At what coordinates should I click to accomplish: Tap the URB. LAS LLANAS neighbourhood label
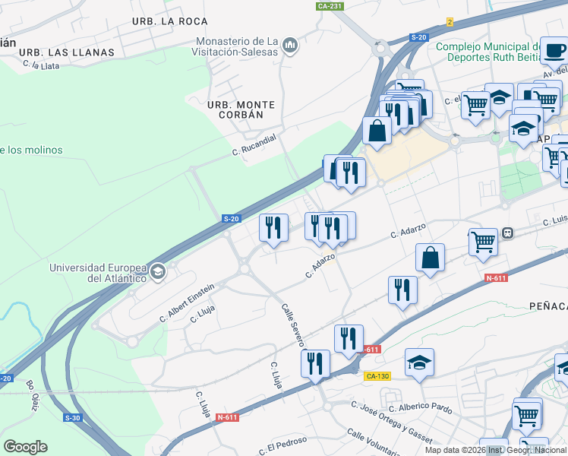pyautogui.click(x=66, y=52)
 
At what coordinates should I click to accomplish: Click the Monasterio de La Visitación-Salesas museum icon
pyautogui.click(x=289, y=47)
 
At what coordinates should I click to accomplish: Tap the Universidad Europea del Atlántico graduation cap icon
pyautogui.click(x=158, y=272)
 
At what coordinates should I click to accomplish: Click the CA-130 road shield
pyautogui.click(x=377, y=376)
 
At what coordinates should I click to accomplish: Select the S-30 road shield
pyautogui.click(x=73, y=418)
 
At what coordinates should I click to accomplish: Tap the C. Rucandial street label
pyautogui.click(x=254, y=144)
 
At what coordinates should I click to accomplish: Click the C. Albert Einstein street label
pyautogui.click(x=187, y=303)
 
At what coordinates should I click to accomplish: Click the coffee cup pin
pyautogui.click(x=554, y=50)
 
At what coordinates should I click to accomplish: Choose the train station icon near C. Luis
pyautogui.click(x=507, y=233)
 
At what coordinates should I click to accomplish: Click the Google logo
pyautogui.click(x=25, y=447)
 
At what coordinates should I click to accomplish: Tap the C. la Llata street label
pyautogui.click(x=41, y=66)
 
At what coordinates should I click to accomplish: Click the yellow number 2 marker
pyautogui.click(x=450, y=22)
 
